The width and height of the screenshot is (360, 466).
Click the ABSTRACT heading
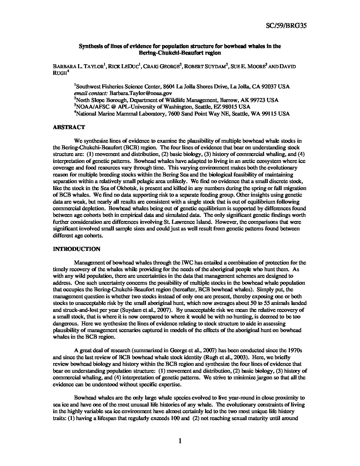click(69, 127)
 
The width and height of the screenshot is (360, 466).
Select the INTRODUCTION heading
click(76, 249)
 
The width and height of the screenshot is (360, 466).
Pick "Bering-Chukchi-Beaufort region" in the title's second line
click(180, 53)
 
